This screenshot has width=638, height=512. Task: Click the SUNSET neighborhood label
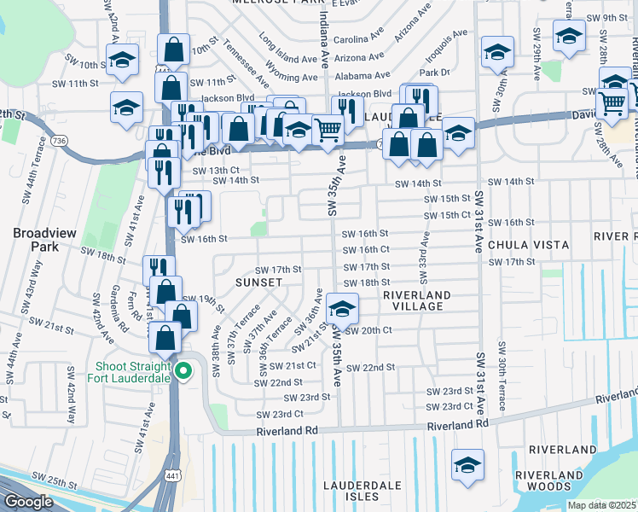pyautogui.click(x=259, y=282)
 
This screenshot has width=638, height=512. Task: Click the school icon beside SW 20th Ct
pyautogui.click(x=342, y=308)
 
